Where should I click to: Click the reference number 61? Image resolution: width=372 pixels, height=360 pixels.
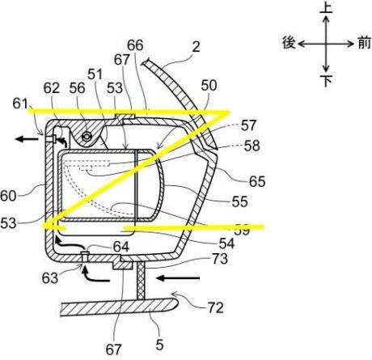pyautogui.click(x=20, y=104)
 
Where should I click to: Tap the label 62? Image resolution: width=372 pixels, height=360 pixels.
pyautogui.click(x=51, y=88)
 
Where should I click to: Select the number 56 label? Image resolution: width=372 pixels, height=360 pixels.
pyautogui.click(x=77, y=88)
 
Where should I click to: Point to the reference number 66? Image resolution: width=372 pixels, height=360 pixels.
pyautogui.click(x=135, y=45)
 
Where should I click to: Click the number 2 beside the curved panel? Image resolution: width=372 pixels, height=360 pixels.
pyautogui.click(x=196, y=47)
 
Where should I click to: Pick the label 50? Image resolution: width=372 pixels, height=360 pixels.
pyautogui.click(x=209, y=86)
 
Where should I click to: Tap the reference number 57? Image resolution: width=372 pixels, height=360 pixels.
pyautogui.click(x=248, y=125)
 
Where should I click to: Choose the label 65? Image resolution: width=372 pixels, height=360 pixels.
pyautogui.click(x=257, y=181)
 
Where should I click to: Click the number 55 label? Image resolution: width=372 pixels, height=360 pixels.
pyautogui.click(x=239, y=201)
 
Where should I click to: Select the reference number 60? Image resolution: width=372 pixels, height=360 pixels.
pyautogui.click(x=8, y=196)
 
